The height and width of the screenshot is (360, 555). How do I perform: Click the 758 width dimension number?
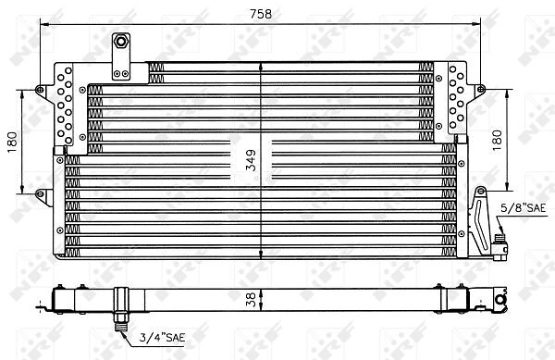(x=261, y=14)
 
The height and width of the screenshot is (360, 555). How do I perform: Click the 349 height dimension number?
(x=251, y=160)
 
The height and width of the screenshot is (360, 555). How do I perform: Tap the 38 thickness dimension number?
(x=251, y=300)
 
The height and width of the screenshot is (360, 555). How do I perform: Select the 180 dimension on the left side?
(x=12, y=142)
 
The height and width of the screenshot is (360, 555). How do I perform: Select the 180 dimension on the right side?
(x=497, y=140)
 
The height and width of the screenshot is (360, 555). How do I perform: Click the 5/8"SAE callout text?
(x=524, y=208)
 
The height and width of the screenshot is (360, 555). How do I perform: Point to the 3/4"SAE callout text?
(x=162, y=338)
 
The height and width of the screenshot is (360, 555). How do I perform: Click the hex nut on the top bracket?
(x=121, y=42)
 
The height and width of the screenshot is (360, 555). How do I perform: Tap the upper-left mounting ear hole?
(x=40, y=89)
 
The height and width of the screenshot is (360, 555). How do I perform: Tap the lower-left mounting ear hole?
(x=40, y=193)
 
